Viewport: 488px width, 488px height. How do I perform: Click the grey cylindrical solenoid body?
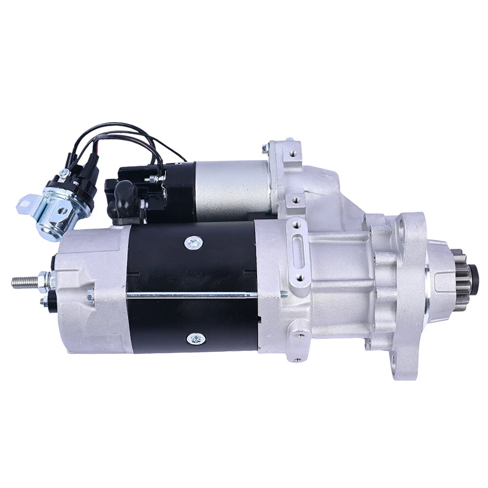coord(231,188)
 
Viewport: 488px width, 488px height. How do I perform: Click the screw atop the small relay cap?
coord(63,174)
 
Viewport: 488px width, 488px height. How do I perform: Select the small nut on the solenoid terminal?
coord(150,178)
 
